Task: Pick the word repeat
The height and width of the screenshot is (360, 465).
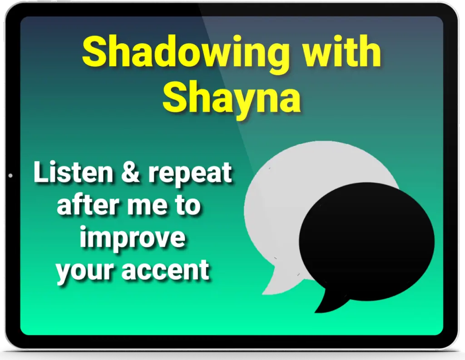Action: [x=190, y=174]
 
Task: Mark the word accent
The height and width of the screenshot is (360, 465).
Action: [x=165, y=269]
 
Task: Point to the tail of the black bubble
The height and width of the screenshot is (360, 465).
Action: [x=329, y=301]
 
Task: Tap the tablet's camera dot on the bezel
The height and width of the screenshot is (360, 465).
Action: [x=11, y=176]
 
